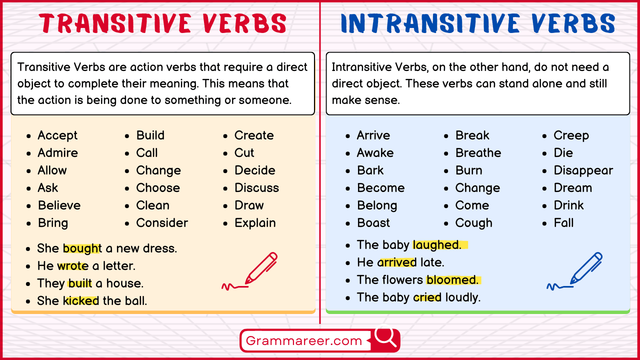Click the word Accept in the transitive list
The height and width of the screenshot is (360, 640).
[x=57, y=135]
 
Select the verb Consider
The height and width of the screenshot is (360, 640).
[x=162, y=223]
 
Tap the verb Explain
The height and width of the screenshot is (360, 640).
[x=255, y=223]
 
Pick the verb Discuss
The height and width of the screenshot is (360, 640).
[x=256, y=188]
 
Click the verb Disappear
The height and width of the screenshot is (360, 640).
[x=583, y=170]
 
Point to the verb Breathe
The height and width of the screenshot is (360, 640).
[x=478, y=153]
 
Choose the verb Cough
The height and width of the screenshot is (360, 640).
[x=473, y=223]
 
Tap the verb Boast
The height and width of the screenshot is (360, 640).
[x=373, y=223]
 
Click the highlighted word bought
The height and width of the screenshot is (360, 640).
[x=82, y=248]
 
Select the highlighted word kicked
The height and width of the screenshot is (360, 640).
[x=81, y=301]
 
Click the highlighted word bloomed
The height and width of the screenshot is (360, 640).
[x=452, y=280]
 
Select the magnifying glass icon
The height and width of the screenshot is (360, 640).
[x=385, y=338]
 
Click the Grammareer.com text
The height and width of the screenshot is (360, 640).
[x=304, y=341]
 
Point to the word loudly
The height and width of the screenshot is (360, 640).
[x=462, y=297]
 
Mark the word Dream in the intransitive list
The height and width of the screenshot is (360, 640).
[x=572, y=188]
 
